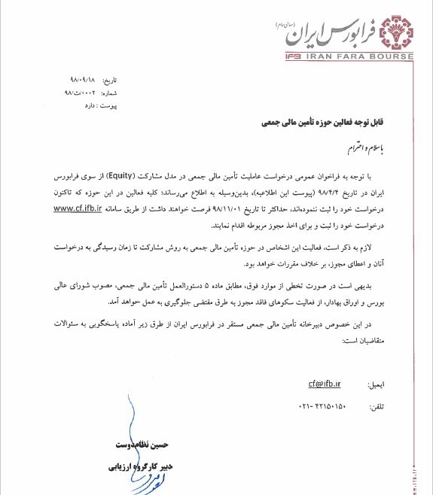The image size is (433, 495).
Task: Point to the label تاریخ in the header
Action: pos(110,79)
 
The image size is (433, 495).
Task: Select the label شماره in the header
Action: pos(109,92)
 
